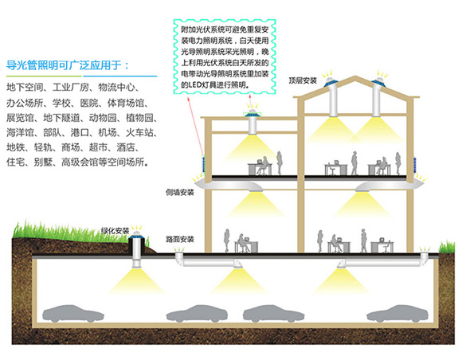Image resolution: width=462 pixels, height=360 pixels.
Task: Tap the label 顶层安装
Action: pyautogui.click(x=303, y=80)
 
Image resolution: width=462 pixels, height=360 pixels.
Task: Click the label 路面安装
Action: pyautogui.click(x=180, y=238)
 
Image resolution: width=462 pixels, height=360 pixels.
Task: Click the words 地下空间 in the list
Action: pyautogui.click(x=25, y=86)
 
